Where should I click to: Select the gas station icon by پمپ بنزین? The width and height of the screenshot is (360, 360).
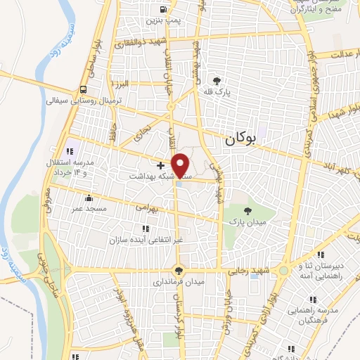pyautogui.click(x=164, y=11)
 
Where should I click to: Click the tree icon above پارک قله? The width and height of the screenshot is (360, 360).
pyautogui.click(x=226, y=82)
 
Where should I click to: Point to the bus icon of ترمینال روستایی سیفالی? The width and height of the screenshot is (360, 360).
pyautogui.click(x=84, y=89)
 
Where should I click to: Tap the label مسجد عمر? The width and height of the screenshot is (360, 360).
pyautogui.click(x=88, y=209)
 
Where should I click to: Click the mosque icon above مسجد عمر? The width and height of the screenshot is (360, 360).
pyautogui.click(x=88, y=198)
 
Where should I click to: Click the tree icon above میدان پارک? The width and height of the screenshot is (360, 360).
pyautogui.click(x=247, y=210)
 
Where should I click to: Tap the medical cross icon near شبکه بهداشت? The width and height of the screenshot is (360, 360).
pyautogui.click(x=161, y=165)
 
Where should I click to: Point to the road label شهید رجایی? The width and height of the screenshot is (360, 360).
pyautogui.click(x=247, y=271)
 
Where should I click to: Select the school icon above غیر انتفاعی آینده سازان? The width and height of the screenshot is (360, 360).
pyautogui.click(x=146, y=229)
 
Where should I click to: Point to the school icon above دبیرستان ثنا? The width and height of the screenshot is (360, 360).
pyautogui.click(x=321, y=255)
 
